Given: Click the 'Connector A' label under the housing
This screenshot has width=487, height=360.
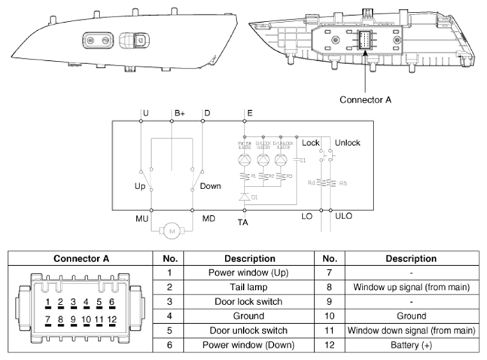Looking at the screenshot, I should click(x=366, y=99).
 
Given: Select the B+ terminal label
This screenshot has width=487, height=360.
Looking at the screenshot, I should click(x=179, y=113).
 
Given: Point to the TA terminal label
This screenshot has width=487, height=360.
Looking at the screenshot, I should click(x=242, y=223).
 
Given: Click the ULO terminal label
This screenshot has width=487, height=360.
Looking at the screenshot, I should click(x=342, y=217).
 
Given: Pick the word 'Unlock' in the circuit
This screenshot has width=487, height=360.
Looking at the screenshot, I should click(x=347, y=142).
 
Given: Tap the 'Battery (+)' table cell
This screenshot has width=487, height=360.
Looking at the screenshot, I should click(x=410, y=344).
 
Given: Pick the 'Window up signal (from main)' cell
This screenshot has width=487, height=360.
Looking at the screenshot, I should click(x=410, y=287).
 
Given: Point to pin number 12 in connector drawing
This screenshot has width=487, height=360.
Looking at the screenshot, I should click(x=112, y=320).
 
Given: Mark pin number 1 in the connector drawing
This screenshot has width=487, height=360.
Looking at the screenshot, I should click(x=47, y=301).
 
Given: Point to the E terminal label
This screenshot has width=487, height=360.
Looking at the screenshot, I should click(x=250, y=113).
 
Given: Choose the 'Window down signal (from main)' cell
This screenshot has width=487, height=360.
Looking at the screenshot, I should click(x=410, y=330).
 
